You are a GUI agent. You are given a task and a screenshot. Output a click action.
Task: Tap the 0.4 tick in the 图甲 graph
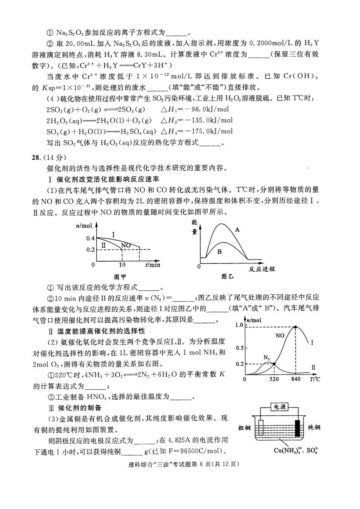tap(90, 238)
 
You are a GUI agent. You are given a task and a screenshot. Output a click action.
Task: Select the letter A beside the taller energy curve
tap(237, 229)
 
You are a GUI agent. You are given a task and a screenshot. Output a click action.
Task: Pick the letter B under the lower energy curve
tap(220, 251)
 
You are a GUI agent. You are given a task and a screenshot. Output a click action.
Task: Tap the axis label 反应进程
tap(262, 269)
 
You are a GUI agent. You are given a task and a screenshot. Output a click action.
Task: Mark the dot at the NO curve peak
tap(296, 327)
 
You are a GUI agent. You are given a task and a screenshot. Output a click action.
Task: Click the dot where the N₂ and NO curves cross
tap(274, 364)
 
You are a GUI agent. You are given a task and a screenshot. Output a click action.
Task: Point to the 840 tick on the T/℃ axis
tap(296, 379)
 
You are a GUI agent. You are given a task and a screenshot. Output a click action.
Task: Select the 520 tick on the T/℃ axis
tap(274, 379)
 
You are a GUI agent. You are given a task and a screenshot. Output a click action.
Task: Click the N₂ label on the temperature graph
tap(267, 357)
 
